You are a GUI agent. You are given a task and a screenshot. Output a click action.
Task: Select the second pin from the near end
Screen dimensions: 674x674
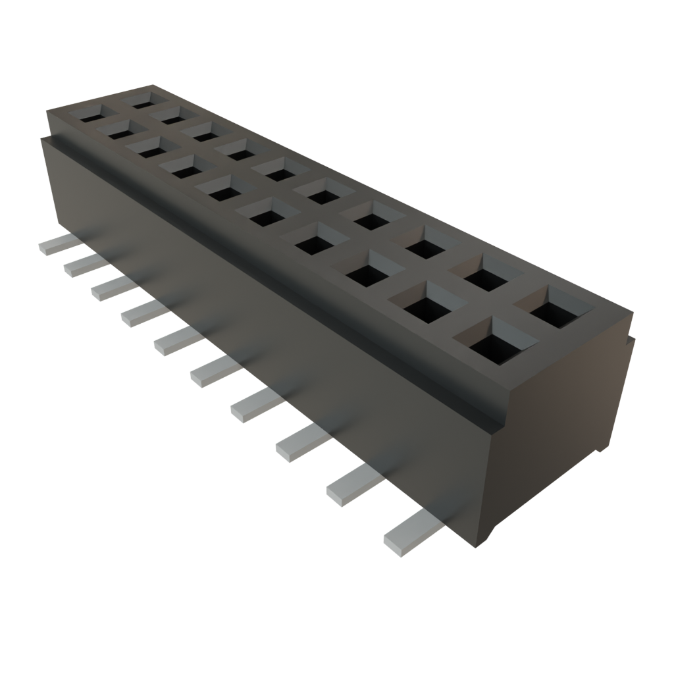352,486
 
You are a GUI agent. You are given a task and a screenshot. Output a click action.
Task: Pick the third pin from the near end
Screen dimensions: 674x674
299,443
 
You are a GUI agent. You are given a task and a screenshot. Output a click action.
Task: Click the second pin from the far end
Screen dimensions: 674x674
82,264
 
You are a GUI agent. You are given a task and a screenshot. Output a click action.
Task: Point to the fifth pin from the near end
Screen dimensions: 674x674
212,373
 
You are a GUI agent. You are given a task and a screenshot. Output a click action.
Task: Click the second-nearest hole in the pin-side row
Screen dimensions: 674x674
425,304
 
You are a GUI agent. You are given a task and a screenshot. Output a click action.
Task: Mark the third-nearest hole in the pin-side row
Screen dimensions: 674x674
367,271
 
